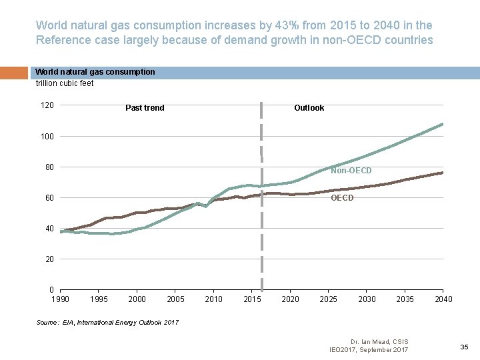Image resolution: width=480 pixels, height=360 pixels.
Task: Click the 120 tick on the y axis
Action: tap(47, 105)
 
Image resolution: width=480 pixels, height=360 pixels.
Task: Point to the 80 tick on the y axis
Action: tap(49, 167)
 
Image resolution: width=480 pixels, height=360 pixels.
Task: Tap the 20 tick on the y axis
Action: tap(49, 259)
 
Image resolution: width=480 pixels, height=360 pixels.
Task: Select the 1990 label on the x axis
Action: tap(60, 299)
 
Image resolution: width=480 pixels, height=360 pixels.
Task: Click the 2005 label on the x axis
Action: tap(175, 299)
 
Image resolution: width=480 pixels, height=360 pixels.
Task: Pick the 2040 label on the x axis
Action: tap(443, 299)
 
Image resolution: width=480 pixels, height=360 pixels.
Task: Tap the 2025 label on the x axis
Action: tap(329, 299)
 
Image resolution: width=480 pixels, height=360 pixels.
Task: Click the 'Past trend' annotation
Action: tap(145, 108)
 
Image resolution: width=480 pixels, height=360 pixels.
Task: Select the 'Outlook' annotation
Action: tap(309, 108)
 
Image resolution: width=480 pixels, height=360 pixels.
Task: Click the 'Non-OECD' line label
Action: tap(351, 171)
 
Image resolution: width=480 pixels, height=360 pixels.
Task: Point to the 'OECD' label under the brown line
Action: tap(342, 198)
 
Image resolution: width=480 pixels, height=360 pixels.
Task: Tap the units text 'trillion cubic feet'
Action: tap(65, 83)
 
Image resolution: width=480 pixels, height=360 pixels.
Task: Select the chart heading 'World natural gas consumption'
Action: tap(95, 72)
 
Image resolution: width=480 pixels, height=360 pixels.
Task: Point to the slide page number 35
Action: tap(465, 347)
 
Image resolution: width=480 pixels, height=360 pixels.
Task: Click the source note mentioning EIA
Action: tap(107, 323)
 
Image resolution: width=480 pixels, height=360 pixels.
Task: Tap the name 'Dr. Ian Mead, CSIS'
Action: tap(377, 342)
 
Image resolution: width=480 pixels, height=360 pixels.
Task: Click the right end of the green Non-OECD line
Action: tap(443, 124)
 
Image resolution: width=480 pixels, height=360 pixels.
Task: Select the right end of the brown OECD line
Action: tap(443, 173)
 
